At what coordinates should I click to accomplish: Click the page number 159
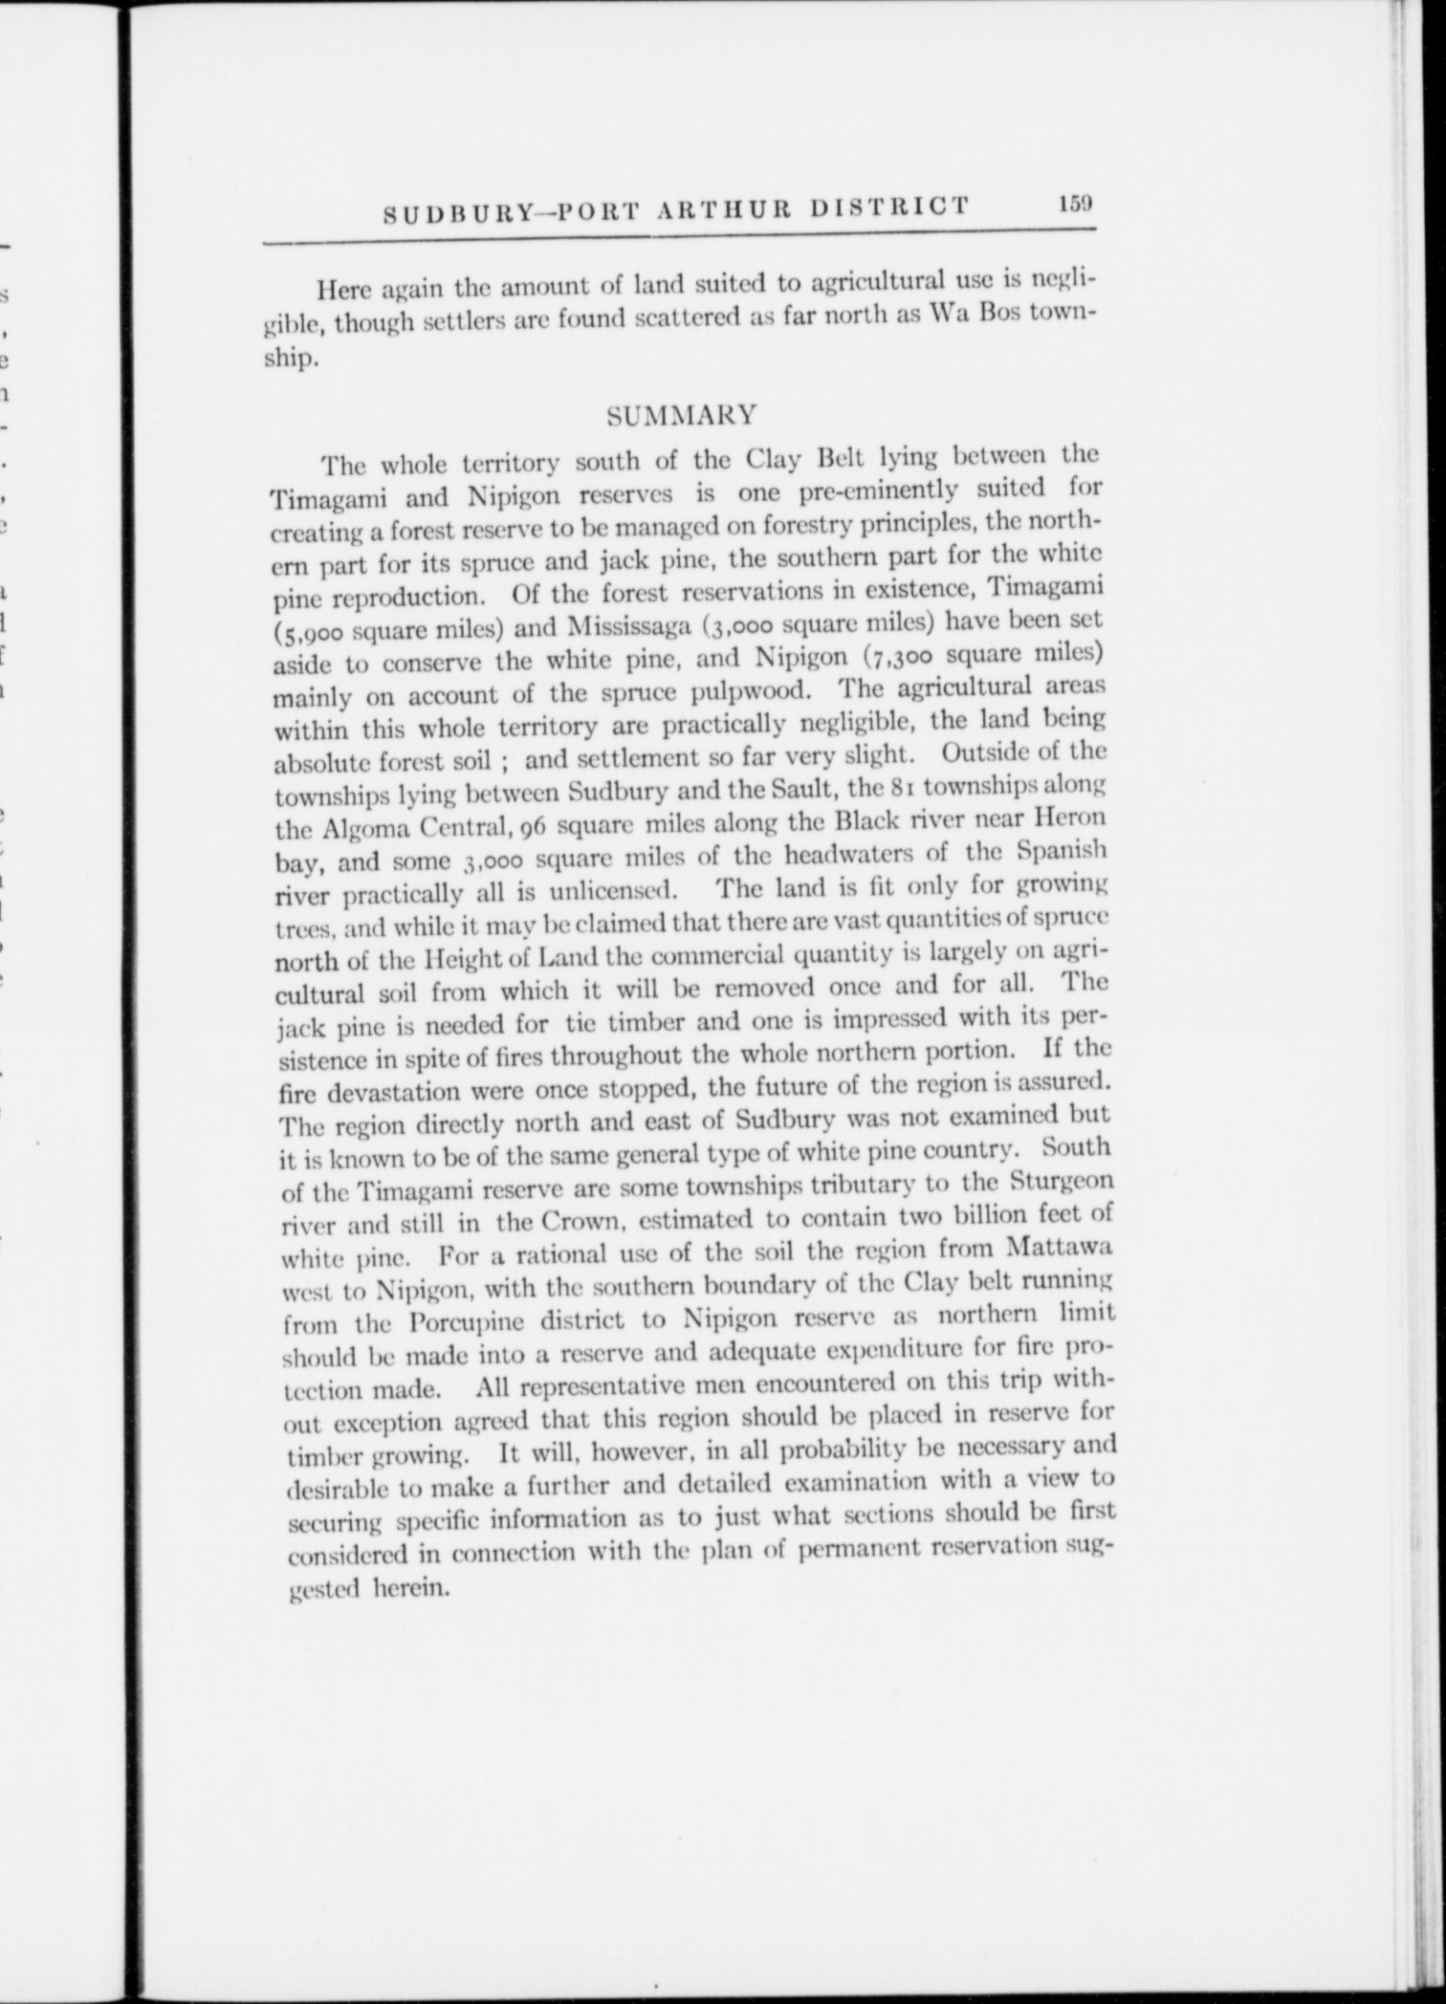(x=1075, y=205)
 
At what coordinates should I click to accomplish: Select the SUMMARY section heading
(x=683, y=416)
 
